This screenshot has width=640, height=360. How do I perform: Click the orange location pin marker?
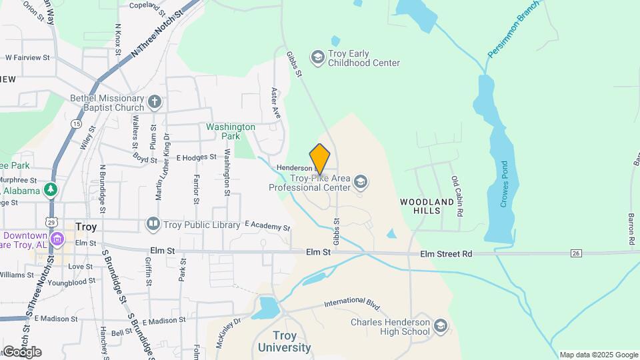click(x=320, y=159)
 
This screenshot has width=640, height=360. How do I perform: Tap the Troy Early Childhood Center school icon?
click(x=317, y=58)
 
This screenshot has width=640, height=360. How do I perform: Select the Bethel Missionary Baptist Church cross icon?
click(x=155, y=102)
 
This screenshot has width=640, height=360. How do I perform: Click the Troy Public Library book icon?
click(x=153, y=224)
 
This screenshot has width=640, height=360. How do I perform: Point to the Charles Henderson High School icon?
click(x=440, y=326)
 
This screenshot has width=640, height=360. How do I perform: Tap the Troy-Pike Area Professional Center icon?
click(x=361, y=181)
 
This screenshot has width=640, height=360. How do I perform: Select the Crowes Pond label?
click(x=505, y=185)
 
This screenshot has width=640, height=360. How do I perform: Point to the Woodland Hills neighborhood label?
click(x=427, y=205)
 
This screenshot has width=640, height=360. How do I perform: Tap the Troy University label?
click(x=284, y=341)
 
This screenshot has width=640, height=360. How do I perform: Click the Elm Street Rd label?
click(x=446, y=253)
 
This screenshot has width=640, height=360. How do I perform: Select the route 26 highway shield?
click(x=577, y=253)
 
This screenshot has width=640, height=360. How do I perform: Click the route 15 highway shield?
click(x=77, y=125)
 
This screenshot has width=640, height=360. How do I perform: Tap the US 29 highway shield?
click(x=51, y=221)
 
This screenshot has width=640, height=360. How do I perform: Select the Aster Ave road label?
click(x=275, y=103)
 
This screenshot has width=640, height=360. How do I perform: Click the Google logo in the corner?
click(x=21, y=351)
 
